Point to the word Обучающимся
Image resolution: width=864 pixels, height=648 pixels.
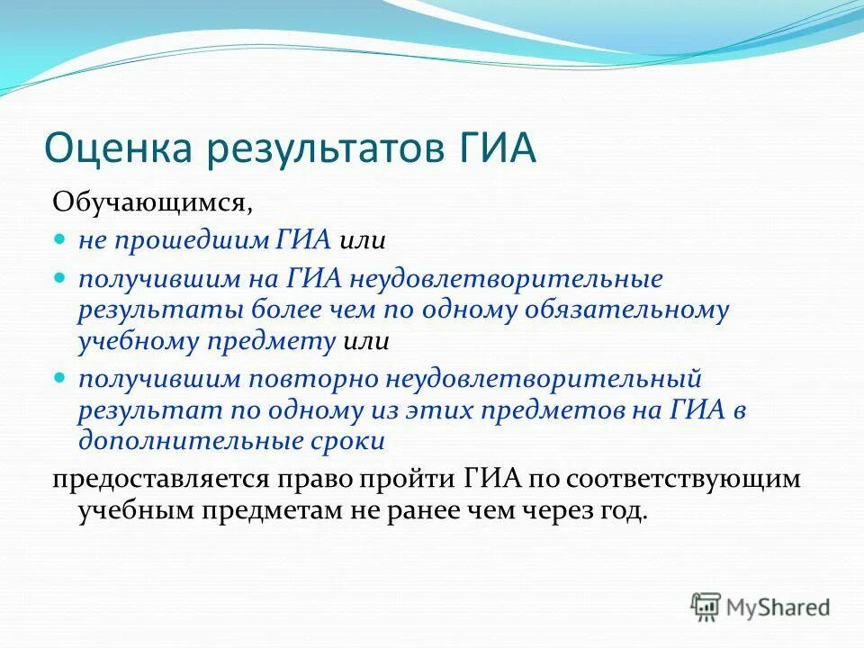[x=152, y=201]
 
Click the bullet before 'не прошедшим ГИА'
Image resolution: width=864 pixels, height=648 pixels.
[x=60, y=240]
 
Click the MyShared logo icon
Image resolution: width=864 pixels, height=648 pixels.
[x=706, y=607]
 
